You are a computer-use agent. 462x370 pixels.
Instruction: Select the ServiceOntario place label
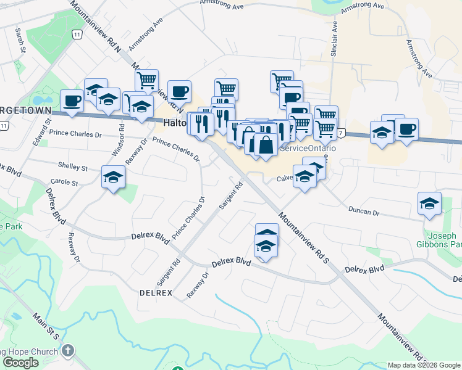click(x=308, y=149)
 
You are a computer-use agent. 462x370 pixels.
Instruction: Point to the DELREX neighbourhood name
click(x=156, y=292)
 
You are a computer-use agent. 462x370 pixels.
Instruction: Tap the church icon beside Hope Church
click(x=68, y=351)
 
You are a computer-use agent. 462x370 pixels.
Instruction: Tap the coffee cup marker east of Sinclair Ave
click(x=406, y=129)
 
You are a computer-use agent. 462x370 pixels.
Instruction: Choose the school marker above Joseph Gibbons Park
click(x=429, y=204)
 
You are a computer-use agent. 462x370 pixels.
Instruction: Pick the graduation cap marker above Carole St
click(x=113, y=177)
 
